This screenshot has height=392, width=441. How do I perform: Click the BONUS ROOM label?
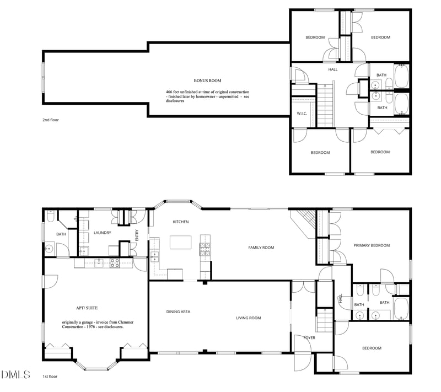207,80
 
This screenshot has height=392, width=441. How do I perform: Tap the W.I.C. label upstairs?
302,114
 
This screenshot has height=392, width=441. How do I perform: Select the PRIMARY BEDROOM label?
372,245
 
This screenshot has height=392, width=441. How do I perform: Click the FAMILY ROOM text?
261,248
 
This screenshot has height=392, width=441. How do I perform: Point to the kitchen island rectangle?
181,242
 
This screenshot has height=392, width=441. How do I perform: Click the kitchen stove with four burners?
205,249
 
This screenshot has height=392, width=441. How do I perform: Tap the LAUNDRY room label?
103,233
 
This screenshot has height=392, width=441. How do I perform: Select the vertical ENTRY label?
137,235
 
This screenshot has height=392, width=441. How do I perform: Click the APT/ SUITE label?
87,308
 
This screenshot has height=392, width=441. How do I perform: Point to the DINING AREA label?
178,312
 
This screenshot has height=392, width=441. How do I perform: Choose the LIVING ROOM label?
249,318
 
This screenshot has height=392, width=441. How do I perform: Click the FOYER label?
309,338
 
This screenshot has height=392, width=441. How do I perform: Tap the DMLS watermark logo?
16,374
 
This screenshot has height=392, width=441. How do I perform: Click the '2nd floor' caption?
51,120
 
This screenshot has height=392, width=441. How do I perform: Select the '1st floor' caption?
50,377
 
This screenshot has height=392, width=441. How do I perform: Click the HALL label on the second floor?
333,69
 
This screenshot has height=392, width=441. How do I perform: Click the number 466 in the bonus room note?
169,92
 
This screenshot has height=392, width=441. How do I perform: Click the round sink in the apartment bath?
49,249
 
